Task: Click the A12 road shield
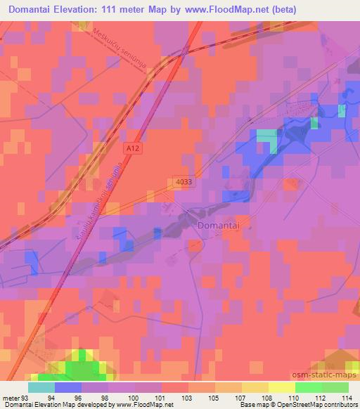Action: (130, 148)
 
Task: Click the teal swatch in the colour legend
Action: (41, 388)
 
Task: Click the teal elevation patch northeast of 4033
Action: (266, 137)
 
